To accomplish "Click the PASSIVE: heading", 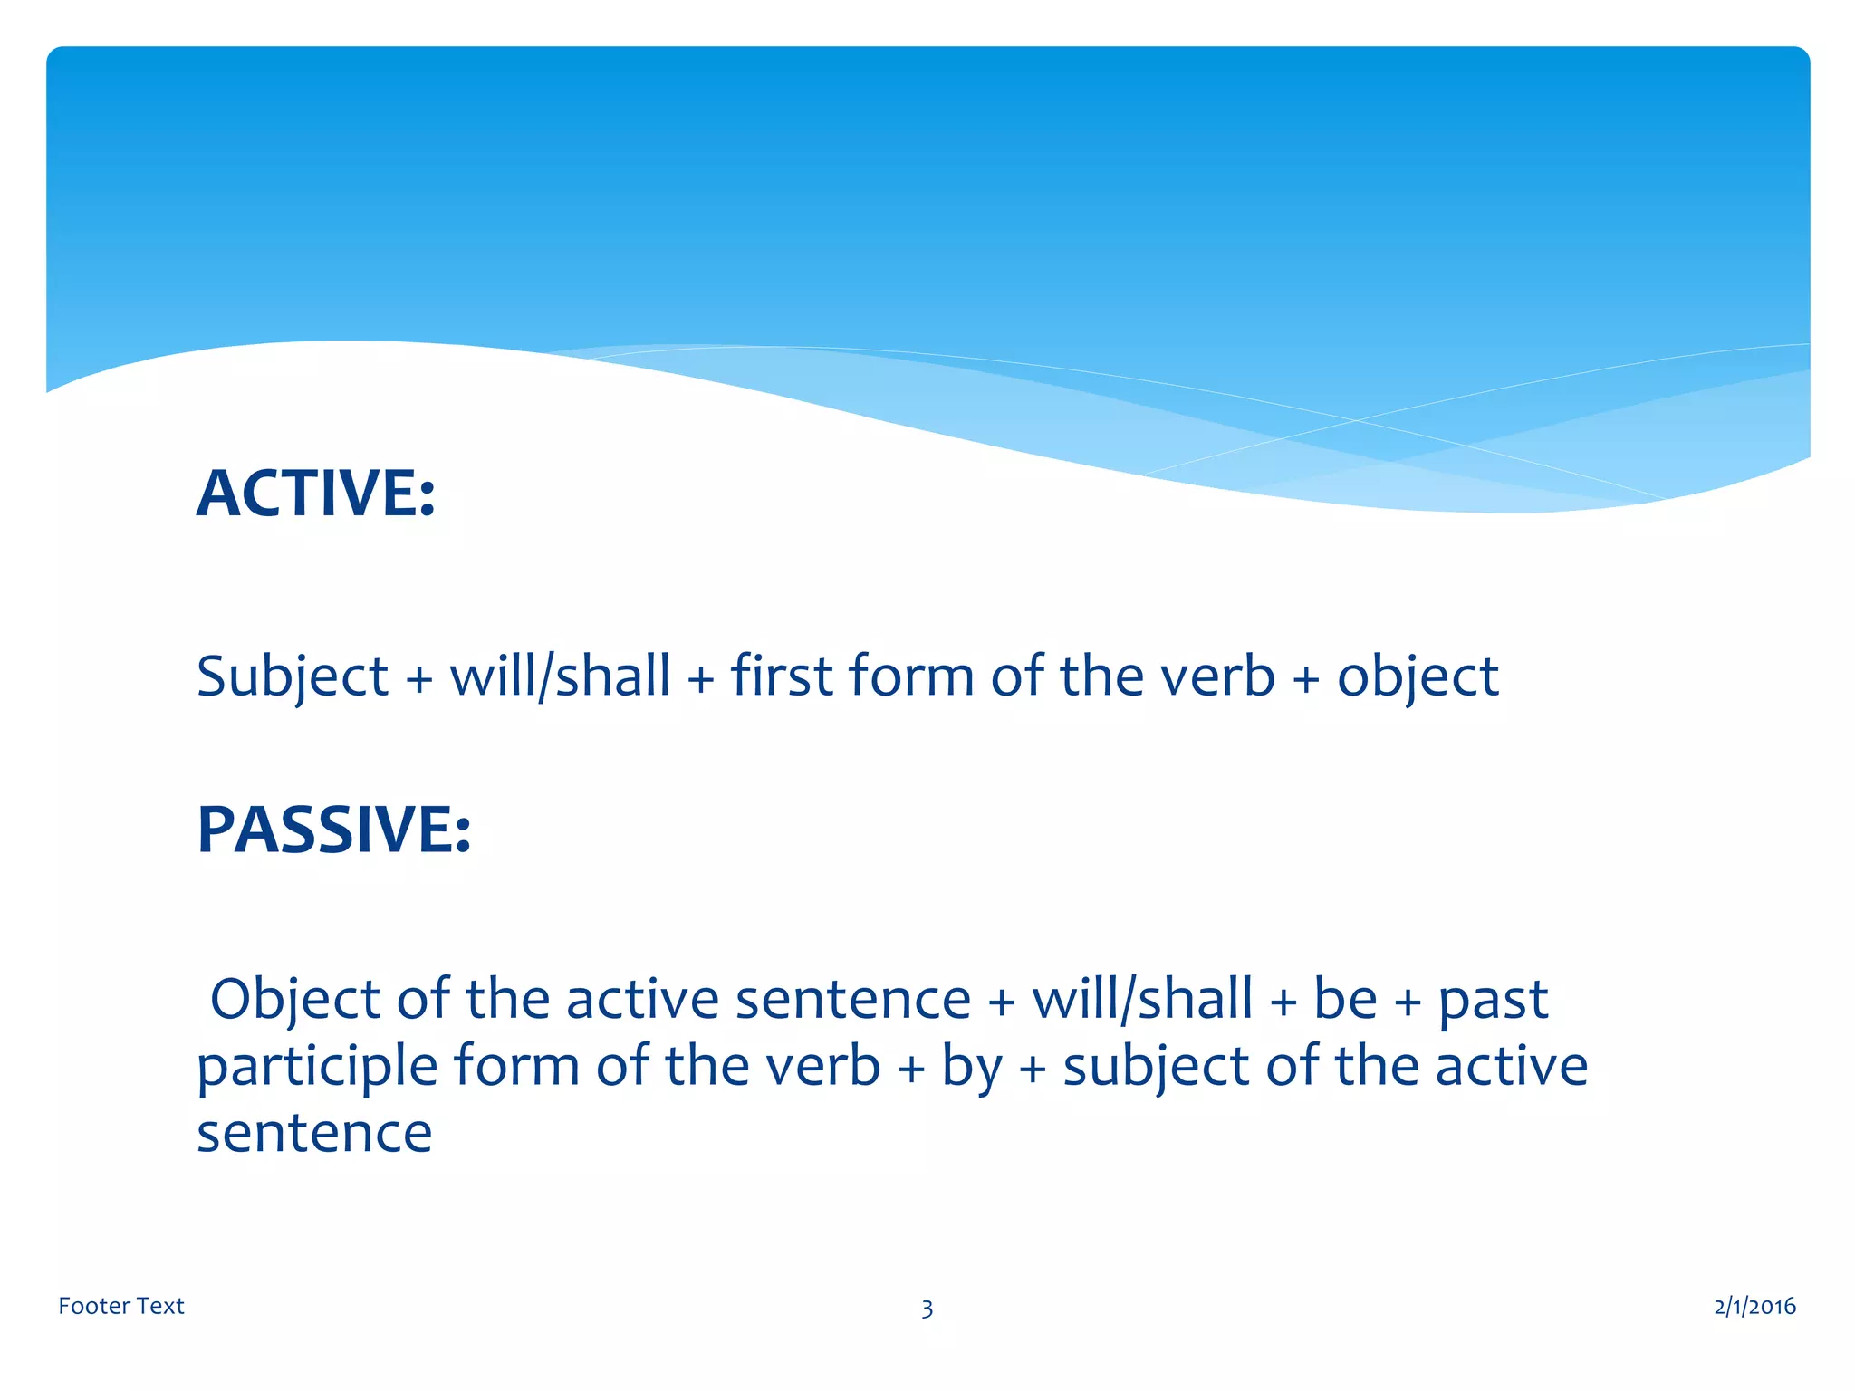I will (x=333, y=830).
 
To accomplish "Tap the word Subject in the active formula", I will (x=293, y=677).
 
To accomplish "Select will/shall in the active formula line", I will (x=560, y=676).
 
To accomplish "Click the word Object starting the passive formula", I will (x=295, y=1001).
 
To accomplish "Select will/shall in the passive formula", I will (x=1142, y=1000).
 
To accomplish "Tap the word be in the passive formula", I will (x=1345, y=1000).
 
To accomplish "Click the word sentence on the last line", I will (x=314, y=1134).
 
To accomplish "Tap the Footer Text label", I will (x=121, y=1306).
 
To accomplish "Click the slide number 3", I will (x=927, y=1309).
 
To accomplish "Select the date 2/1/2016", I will (x=1754, y=1306).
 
